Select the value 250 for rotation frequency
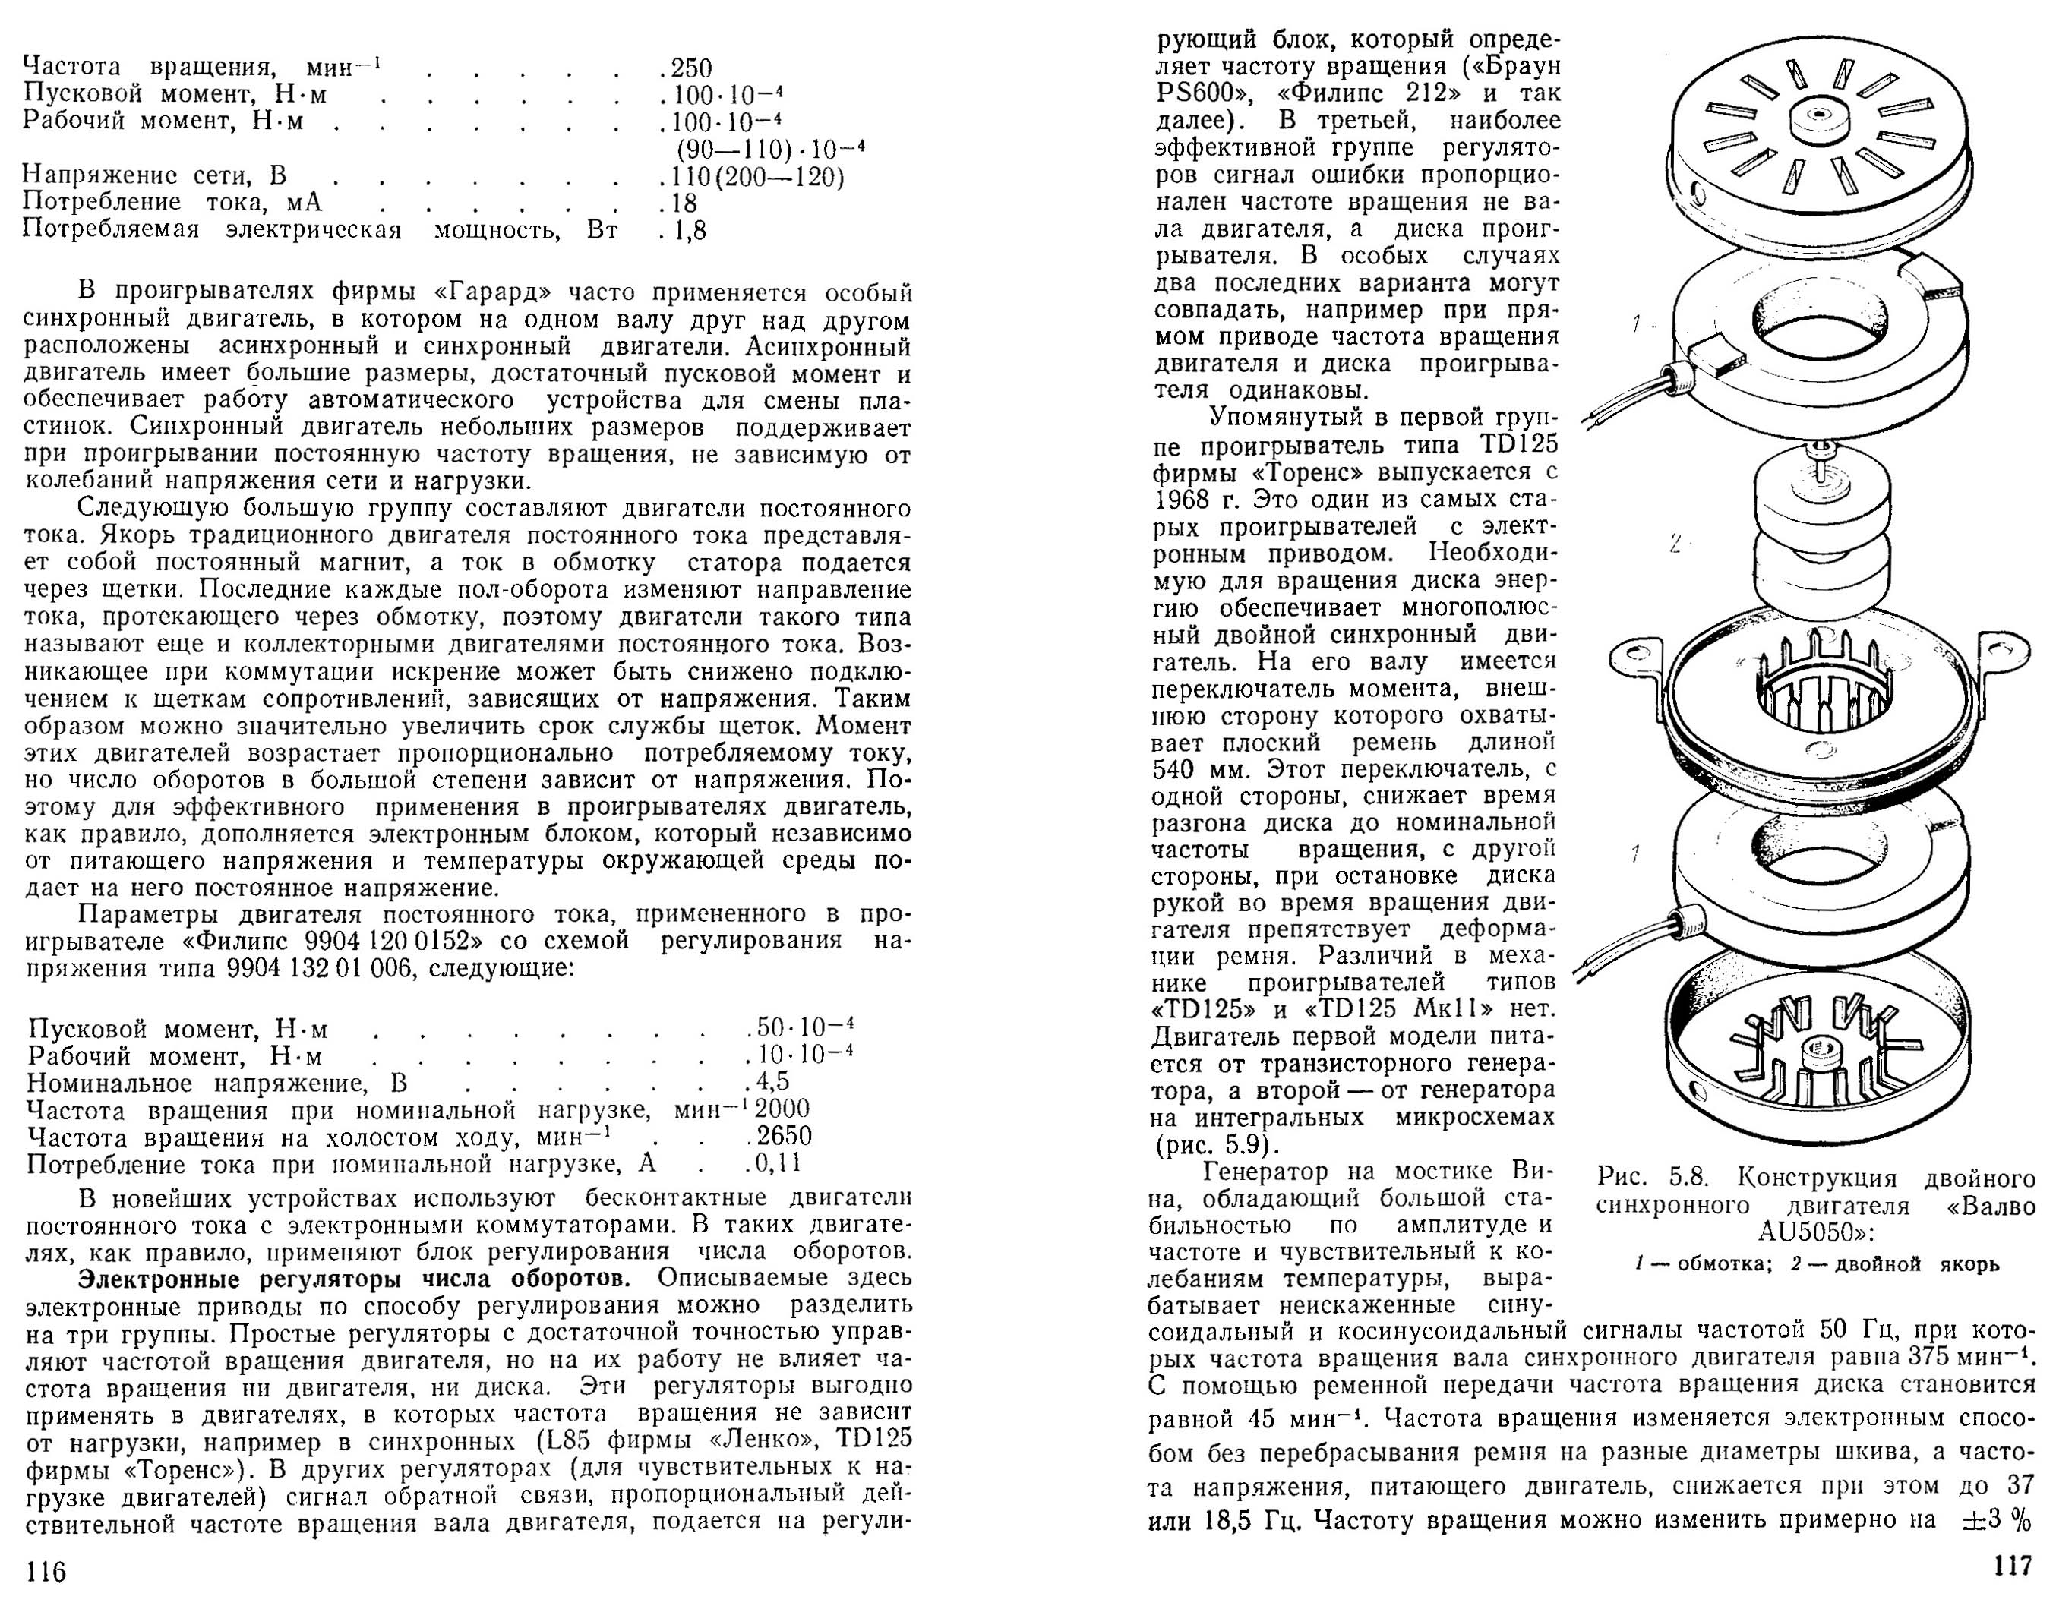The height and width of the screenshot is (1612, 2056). (x=691, y=68)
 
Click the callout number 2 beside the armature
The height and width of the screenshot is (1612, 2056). (x=1675, y=544)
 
